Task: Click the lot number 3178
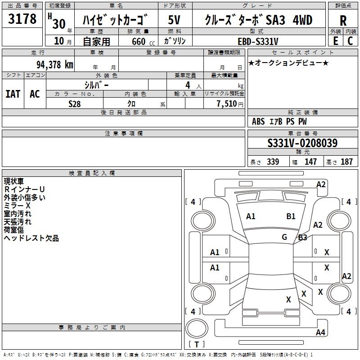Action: tap(22, 19)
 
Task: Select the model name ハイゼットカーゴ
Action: tap(116, 20)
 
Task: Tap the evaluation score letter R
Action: tap(343, 21)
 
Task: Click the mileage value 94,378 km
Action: tap(55, 64)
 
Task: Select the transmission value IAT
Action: tap(13, 94)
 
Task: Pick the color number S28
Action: tap(75, 104)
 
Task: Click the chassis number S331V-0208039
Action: tap(302, 144)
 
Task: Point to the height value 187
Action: tap(346, 162)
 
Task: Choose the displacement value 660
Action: tap(138, 41)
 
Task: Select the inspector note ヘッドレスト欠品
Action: tap(31, 238)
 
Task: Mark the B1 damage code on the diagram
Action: tap(291, 216)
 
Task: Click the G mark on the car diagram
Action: tap(284, 237)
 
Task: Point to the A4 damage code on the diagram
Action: tap(320, 333)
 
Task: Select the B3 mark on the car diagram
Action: tap(302, 238)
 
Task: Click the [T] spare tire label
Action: tap(196, 345)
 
